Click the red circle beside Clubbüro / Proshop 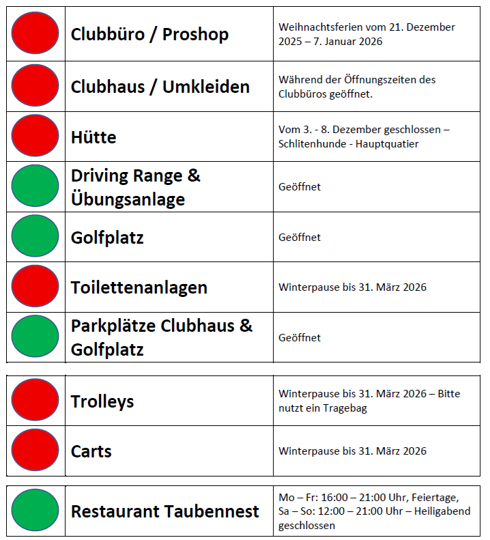tap(35, 33)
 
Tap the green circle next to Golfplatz tap(35, 236)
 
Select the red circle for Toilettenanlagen tap(35, 286)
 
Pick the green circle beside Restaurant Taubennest tap(35, 510)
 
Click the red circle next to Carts tap(35, 450)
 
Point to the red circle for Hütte tap(35, 136)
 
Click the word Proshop tap(195, 34)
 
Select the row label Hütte tap(93, 137)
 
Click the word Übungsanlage tap(128, 200)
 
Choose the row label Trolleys tap(102, 401)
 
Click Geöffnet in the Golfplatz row tap(300, 238)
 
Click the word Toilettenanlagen tap(139, 287)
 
